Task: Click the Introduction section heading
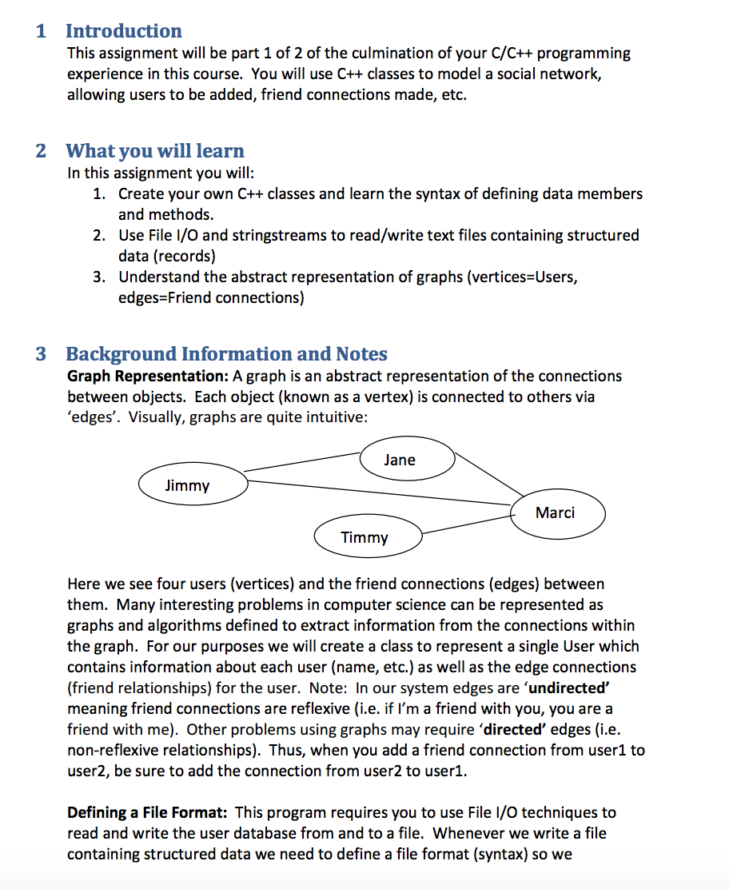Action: [x=123, y=31]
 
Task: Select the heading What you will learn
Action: [x=154, y=151]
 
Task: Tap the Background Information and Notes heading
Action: [x=226, y=354]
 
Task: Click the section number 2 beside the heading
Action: [x=41, y=151]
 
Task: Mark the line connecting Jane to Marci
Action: [x=488, y=477]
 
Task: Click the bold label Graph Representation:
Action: [x=148, y=376]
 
